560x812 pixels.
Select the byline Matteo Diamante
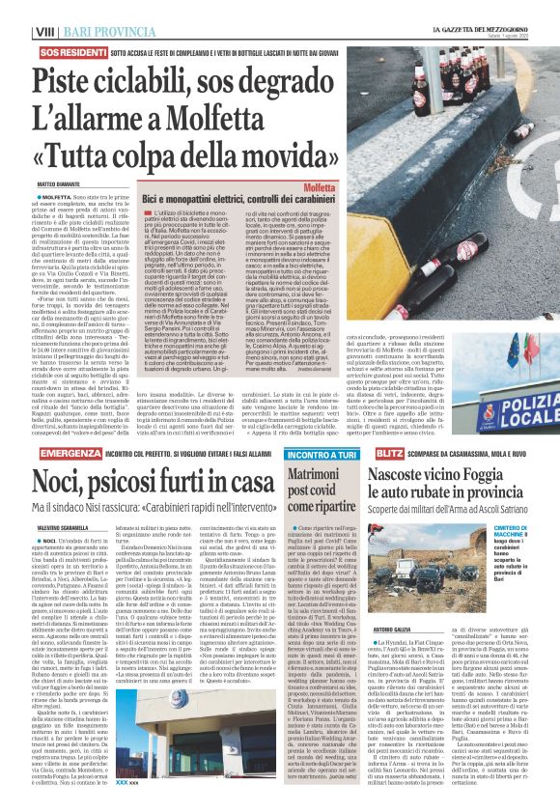pyautogui.click(x=35, y=154)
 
